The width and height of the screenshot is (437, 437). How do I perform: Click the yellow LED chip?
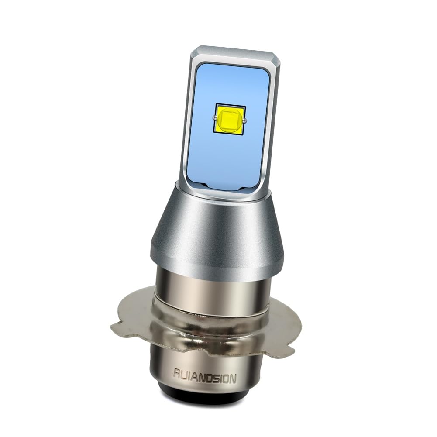(x=230, y=119)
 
